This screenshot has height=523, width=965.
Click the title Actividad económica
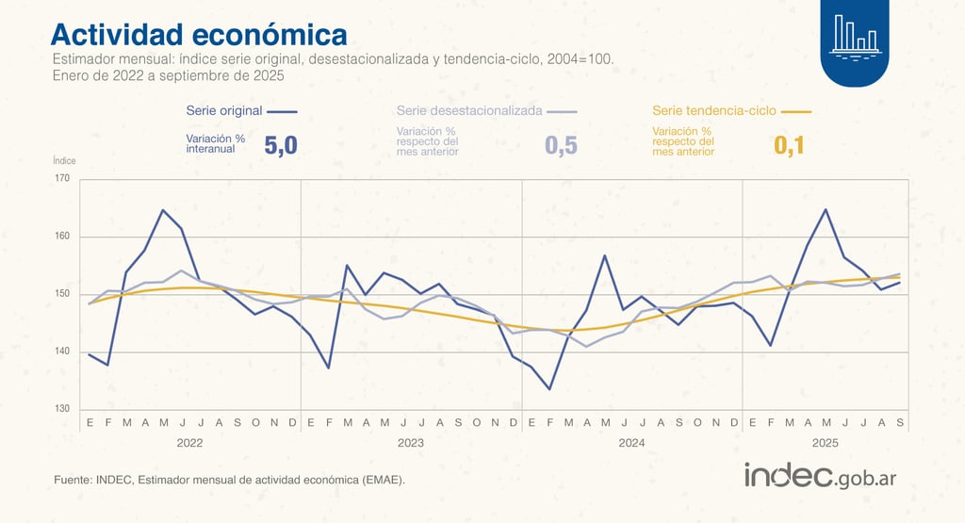pos(199,35)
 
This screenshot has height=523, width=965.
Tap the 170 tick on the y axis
pos(62,178)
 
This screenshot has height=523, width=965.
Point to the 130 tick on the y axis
pos(62,410)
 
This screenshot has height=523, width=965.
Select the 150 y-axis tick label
pos(62,294)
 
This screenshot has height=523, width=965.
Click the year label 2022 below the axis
pos(190,442)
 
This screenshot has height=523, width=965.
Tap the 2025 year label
pos(826,442)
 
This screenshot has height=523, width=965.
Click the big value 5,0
pos(281,145)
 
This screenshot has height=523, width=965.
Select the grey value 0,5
pos(561,145)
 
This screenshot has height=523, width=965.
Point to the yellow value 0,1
pos(789,145)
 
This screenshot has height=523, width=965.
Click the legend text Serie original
pos(224,110)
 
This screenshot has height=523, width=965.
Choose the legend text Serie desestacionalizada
pos(469,110)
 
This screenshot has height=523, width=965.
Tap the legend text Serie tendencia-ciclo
pos(714,110)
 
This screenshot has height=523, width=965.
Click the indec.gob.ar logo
pos(820,476)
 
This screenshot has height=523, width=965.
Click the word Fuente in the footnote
pos(73,481)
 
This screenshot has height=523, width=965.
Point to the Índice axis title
pos(64,161)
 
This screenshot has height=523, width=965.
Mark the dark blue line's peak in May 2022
pos(163,210)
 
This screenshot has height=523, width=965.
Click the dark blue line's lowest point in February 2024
pos(549,389)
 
